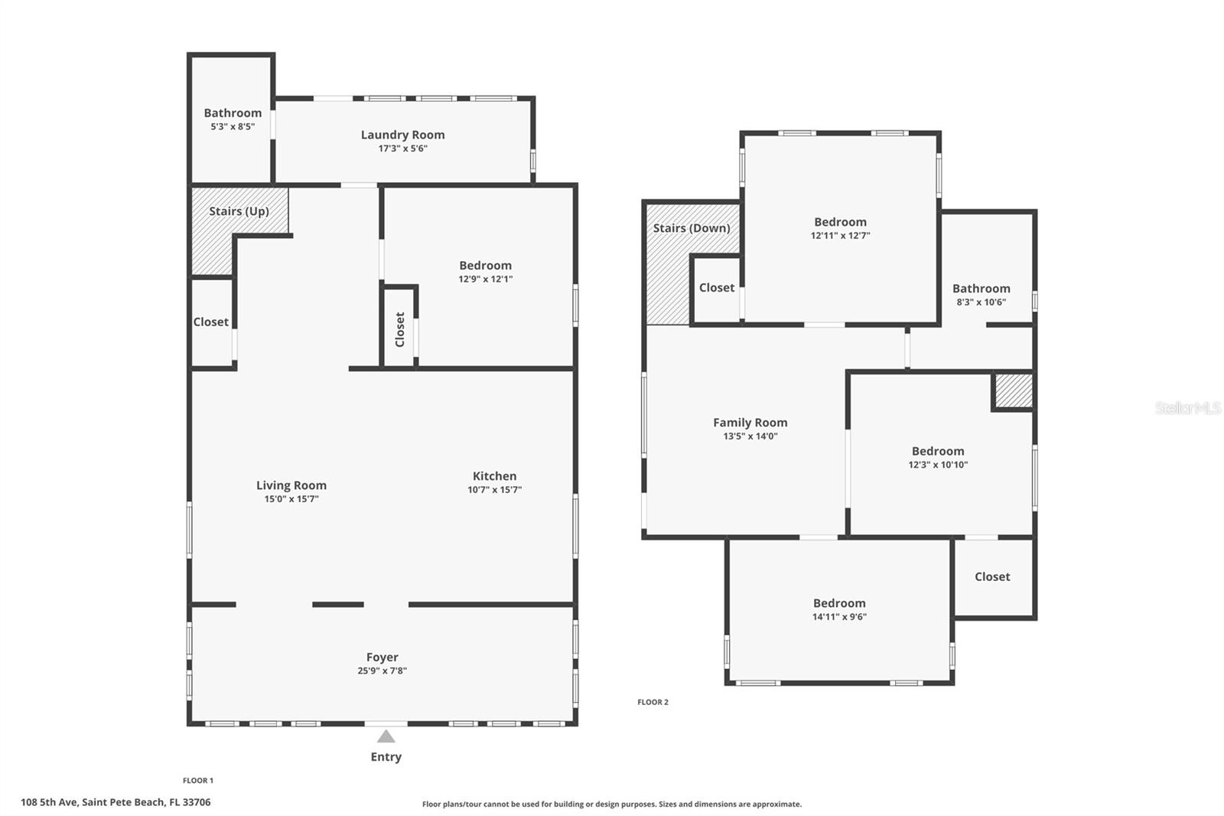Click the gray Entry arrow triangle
pyautogui.click(x=386, y=736)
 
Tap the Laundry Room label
pyautogui.click(x=402, y=135)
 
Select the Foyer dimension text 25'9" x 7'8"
pyautogui.click(x=382, y=671)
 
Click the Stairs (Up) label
pyautogui.click(x=239, y=211)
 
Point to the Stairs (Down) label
pyautogui.click(x=692, y=228)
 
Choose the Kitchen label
pyautogui.click(x=494, y=476)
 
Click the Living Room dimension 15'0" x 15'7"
pyautogui.click(x=291, y=499)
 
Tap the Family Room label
pyautogui.click(x=750, y=423)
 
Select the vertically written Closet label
pyautogui.click(x=400, y=329)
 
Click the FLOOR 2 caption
pyautogui.click(x=653, y=702)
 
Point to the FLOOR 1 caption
pyautogui.click(x=198, y=781)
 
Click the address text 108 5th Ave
pyautogui.click(x=50, y=802)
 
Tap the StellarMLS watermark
pyautogui.click(x=1188, y=407)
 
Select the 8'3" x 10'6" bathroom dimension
pyautogui.click(x=981, y=302)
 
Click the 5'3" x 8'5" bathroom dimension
pyautogui.click(x=233, y=126)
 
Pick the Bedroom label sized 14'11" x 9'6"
pyautogui.click(x=839, y=603)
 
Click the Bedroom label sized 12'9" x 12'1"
pyautogui.click(x=485, y=266)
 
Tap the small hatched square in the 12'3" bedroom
pyautogui.click(x=1014, y=390)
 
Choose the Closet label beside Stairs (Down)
pyautogui.click(x=716, y=288)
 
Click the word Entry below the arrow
pyautogui.click(x=386, y=757)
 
